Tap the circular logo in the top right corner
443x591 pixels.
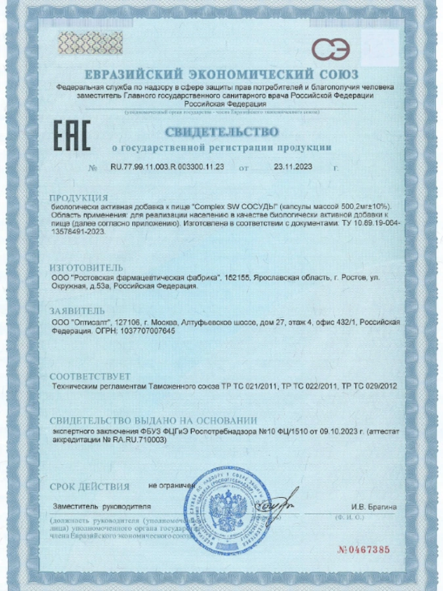(x=331, y=49)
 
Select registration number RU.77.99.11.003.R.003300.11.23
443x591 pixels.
(x=167, y=167)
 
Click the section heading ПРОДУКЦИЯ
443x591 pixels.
(x=79, y=198)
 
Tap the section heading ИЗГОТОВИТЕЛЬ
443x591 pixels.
(x=86, y=268)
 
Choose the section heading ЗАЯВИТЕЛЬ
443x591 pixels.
(x=77, y=311)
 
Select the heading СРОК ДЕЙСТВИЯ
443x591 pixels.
(x=89, y=486)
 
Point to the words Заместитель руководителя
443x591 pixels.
(x=102, y=506)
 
